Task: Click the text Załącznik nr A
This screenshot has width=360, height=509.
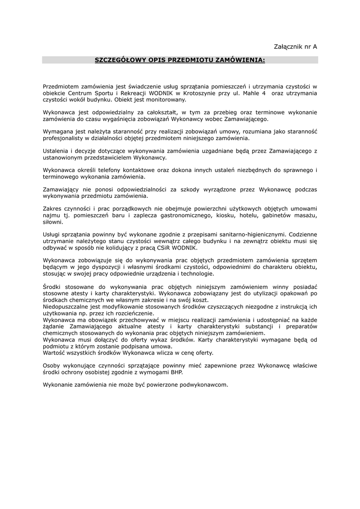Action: click(295, 46)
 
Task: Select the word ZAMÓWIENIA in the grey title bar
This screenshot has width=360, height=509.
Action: click(240, 60)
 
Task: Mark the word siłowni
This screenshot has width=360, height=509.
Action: click(53, 222)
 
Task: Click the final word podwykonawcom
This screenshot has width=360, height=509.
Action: click(204, 385)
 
